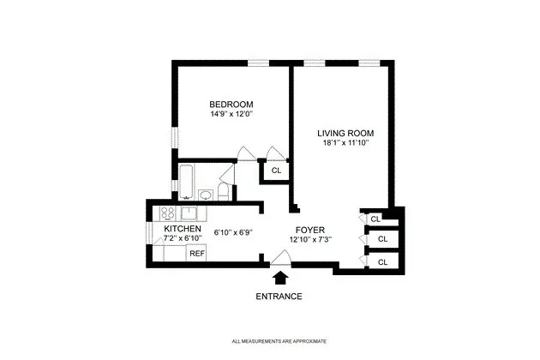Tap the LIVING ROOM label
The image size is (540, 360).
click(346, 134)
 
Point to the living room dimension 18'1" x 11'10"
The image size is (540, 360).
click(346, 144)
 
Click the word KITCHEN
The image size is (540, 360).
click(183, 230)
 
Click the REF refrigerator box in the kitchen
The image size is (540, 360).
click(196, 253)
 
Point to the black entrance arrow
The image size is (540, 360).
click(279, 278)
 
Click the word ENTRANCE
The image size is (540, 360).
click(279, 297)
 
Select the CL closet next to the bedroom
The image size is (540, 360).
click(275, 171)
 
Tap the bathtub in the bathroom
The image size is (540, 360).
click(185, 182)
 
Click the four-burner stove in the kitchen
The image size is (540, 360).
click(166, 213)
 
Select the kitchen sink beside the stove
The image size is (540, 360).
click(189, 213)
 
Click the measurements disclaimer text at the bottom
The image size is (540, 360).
click(279, 342)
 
